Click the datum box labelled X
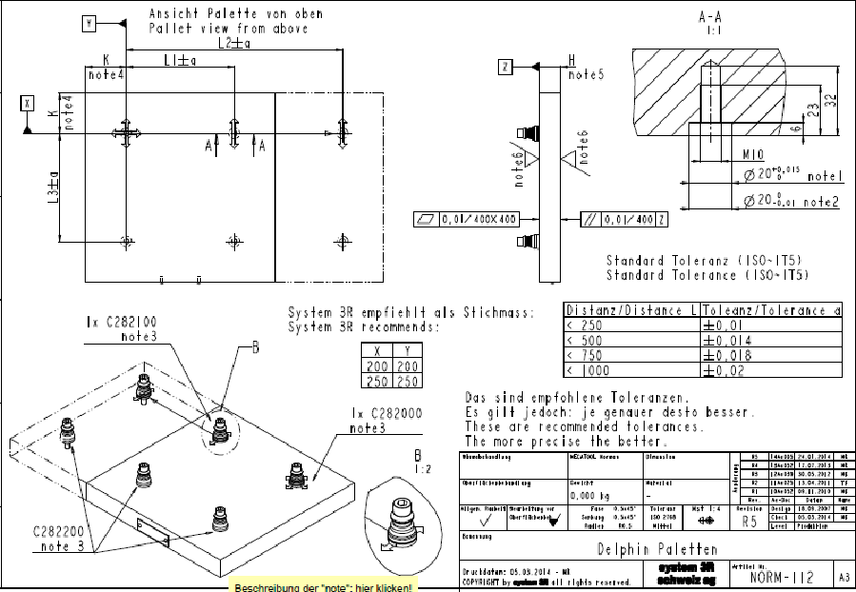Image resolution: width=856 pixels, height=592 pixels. [x=28, y=102]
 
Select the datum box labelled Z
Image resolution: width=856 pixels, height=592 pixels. [x=506, y=66]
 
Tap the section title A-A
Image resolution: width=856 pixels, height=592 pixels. [x=711, y=17]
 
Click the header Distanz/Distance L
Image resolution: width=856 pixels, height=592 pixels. [x=632, y=310]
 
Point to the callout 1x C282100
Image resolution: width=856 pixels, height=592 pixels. [x=117, y=323]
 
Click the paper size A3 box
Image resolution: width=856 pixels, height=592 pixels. [x=843, y=577]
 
